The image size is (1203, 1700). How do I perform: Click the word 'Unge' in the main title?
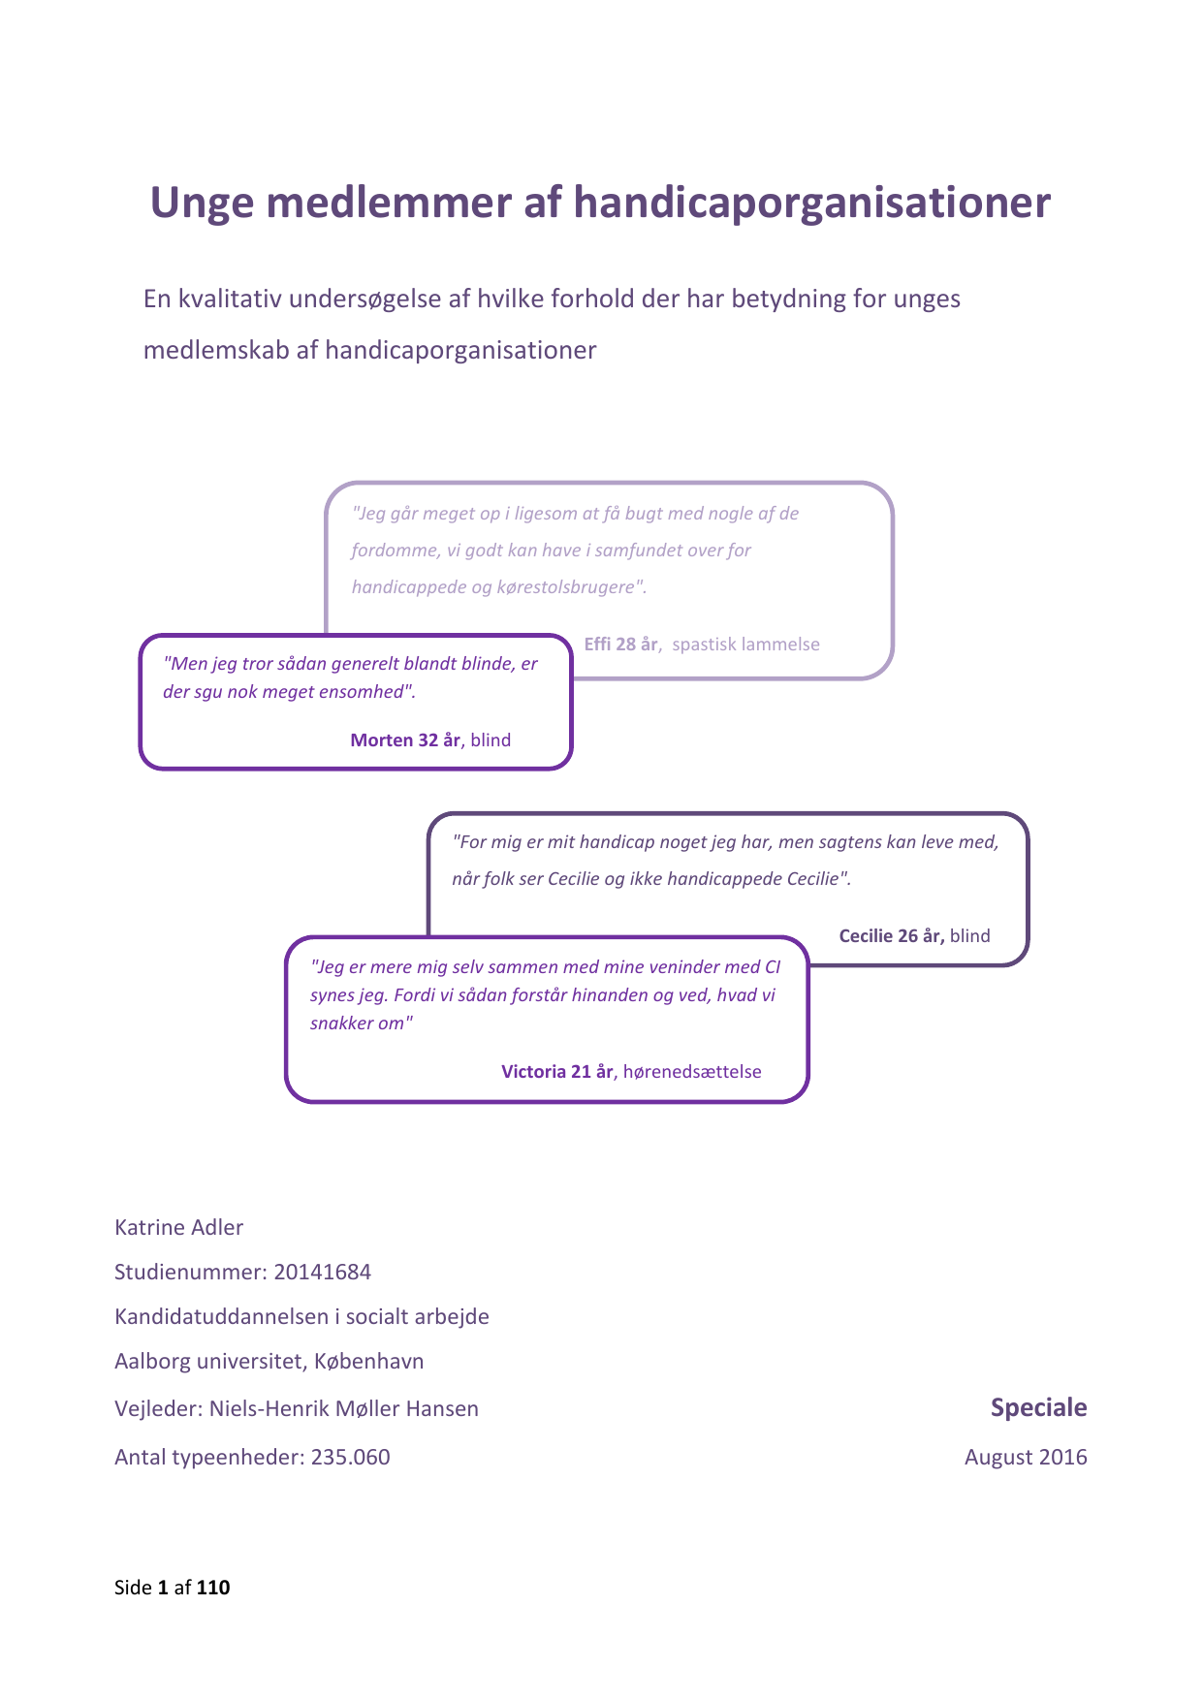coord(202,204)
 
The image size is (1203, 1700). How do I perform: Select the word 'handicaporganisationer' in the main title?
coord(811,204)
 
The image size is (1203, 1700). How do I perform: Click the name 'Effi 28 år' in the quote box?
coord(621,645)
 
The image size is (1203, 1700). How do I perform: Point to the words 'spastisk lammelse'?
coord(745,645)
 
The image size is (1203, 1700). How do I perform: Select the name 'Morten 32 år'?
coord(405,740)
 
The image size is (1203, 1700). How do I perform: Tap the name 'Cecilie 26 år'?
coord(891,936)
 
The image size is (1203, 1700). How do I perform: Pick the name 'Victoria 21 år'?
coord(557,1072)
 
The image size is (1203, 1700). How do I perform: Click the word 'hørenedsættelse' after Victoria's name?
coord(692,1072)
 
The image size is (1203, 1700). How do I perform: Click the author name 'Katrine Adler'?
coord(178,1228)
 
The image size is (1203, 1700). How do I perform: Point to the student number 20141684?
coord(322,1273)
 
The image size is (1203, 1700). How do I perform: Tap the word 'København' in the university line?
coord(369,1362)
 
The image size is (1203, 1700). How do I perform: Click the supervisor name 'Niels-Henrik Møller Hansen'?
coord(343,1409)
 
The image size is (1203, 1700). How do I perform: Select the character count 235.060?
coord(350,1458)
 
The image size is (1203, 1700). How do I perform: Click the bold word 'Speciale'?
coord(1038,1408)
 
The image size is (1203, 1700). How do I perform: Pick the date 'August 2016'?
coord(1026,1458)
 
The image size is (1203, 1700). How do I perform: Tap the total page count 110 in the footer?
coord(213,1588)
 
